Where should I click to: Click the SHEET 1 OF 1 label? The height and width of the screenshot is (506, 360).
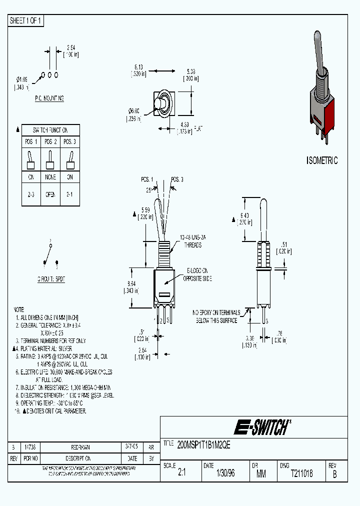point(26,20)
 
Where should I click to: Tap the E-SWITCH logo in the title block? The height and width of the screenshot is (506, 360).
point(261,427)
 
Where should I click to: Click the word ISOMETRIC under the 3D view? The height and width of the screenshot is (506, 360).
point(321,160)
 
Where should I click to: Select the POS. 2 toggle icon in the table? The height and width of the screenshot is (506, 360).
point(49,160)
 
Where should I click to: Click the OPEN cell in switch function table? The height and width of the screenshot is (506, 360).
point(49,194)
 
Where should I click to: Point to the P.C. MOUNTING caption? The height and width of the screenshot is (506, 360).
point(49,98)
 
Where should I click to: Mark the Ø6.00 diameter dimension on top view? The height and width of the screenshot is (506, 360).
point(133,114)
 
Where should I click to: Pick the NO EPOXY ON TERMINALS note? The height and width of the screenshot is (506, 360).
point(218,316)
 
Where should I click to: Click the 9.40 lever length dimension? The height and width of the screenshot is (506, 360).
point(244,218)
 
